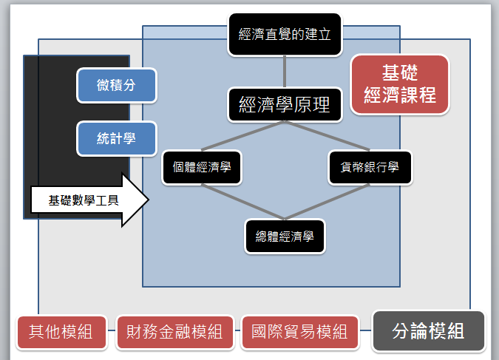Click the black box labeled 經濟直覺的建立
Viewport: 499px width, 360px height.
tap(285, 34)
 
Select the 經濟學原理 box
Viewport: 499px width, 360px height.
tap(285, 104)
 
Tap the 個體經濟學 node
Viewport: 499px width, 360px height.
tap(202, 167)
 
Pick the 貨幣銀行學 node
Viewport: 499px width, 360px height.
tap(369, 167)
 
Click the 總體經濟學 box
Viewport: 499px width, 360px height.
tap(285, 237)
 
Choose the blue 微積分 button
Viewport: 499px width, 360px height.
tap(116, 85)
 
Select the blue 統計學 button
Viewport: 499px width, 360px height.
tap(116, 138)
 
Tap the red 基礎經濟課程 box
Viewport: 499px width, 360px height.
tap(400, 84)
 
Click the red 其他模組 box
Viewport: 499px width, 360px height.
tap(61, 331)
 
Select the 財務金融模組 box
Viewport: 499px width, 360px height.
tap(174, 332)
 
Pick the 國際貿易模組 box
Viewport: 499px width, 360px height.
tap(299, 332)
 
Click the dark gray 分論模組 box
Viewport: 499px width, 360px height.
tap(428, 330)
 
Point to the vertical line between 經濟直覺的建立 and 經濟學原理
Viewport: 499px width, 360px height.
tap(285, 72)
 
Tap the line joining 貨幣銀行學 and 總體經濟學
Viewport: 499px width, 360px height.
tap(332, 201)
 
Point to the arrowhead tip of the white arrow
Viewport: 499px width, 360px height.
tap(148, 200)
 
